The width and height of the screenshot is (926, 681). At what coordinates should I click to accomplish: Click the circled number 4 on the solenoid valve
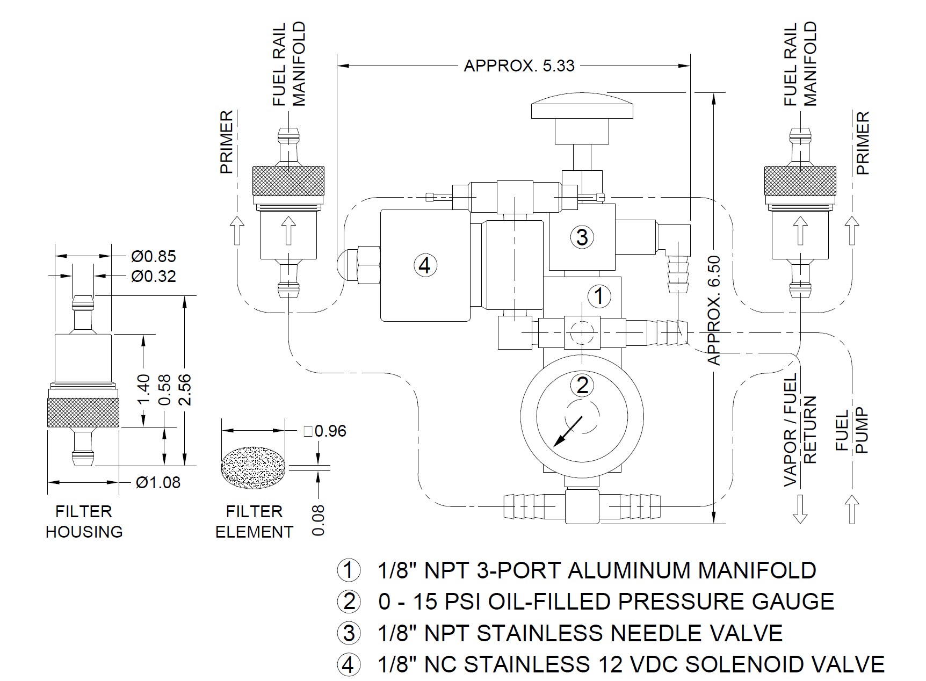click(x=425, y=265)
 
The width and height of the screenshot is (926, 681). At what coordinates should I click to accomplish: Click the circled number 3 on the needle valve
click(x=582, y=237)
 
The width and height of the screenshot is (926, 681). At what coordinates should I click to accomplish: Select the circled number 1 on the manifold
click(x=599, y=296)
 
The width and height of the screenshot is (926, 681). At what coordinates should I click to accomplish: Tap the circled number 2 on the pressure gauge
click(x=582, y=385)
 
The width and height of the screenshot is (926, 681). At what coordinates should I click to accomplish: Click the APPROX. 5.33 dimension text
click(x=519, y=66)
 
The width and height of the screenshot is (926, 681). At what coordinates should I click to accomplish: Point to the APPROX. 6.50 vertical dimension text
click(x=714, y=310)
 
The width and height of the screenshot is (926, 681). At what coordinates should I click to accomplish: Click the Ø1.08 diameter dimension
click(x=158, y=482)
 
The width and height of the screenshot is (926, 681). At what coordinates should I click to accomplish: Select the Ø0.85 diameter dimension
click(x=154, y=256)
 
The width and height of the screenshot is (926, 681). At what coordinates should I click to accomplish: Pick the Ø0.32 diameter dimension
click(x=154, y=277)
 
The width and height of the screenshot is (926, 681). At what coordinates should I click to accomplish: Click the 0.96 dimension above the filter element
click(x=325, y=431)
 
